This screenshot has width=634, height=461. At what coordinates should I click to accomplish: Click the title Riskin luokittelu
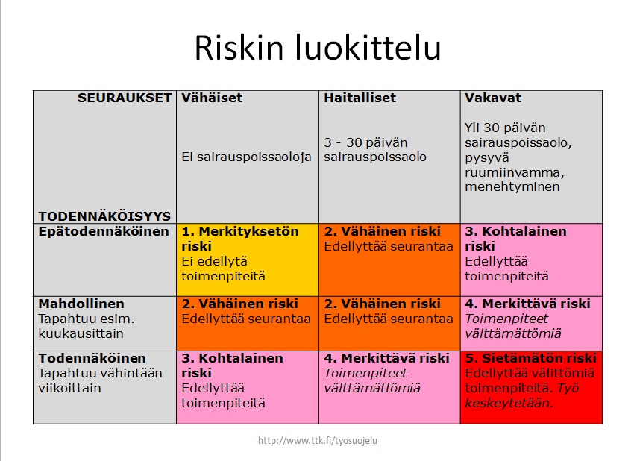pyautogui.click(x=318, y=48)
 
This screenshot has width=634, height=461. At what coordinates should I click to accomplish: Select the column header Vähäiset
pyautogui.click(x=212, y=98)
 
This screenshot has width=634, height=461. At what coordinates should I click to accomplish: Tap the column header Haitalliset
pyautogui.click(x=360, y=98)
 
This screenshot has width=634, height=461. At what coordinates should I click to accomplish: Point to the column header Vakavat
pyautogui.click(x=493, y=98)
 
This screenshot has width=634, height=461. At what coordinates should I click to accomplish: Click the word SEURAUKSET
pyautogui.click(x=125, y=98)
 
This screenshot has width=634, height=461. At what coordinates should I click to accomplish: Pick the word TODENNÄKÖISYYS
pyautogui.click(x=104, y=216)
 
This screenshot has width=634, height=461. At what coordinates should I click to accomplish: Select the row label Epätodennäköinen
pyautogui.click(x=104, y=232)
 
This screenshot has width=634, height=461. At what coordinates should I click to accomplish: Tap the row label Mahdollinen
pyautogui.click(x=81, y=304)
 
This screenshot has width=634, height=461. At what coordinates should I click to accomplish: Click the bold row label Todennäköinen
pyautogui.click(x=92, y=358)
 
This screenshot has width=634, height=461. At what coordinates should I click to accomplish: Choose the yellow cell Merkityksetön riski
pyautogui.click(x=248, y=260)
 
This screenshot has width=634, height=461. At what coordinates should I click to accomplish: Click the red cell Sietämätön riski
pyautogui.click(x=531, y=387)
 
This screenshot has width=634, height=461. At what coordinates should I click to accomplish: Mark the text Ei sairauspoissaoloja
pyautogui.click(x=246, y=157)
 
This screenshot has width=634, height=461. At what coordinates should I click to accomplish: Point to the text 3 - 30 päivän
pyautogui.click(x=365, y=142)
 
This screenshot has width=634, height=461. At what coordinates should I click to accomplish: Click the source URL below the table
pyautogui.click(x=318, y=440)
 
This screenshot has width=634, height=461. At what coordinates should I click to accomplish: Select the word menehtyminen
pyautogui.click(x=512, y=186)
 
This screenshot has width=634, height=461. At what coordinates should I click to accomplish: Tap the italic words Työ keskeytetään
pyautogui.click(x=522, y=395)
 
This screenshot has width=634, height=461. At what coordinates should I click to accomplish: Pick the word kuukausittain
pyautogui.click(x=81, y=333)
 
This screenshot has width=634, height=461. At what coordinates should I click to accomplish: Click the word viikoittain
pyautogui.click(x=69, y=388)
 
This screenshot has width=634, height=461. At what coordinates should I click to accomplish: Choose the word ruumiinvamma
pyautogui.click(x=515, y=172)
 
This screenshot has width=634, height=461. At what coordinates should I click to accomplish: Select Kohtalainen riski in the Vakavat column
pyautogui.click(x=515, y=239)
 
